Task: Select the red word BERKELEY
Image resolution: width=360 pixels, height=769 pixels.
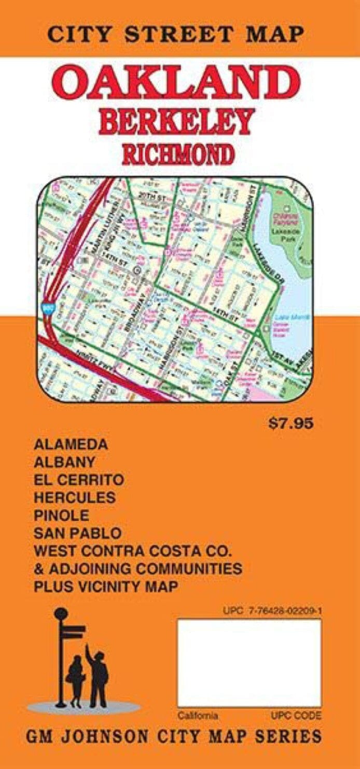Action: pyautogui.click(x=177, y=121)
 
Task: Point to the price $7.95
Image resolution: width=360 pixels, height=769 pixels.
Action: pyautogui.click(x=291, y=423)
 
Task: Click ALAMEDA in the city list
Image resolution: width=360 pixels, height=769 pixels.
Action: pyautogui.click(x=71, y=444)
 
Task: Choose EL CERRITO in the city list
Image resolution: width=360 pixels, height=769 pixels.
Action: pyautogui.click(x=79, y=479)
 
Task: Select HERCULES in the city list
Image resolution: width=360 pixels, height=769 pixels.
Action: pyautogui.click(x=75, y=497)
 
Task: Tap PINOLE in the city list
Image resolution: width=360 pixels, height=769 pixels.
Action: pyautogui.click(x=61, y=515)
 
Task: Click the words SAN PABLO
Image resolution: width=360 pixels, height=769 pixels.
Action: pyautogui.click(x=78, y=533)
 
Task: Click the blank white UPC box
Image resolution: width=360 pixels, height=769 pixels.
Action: pyautogui.click(x=249, y=663)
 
